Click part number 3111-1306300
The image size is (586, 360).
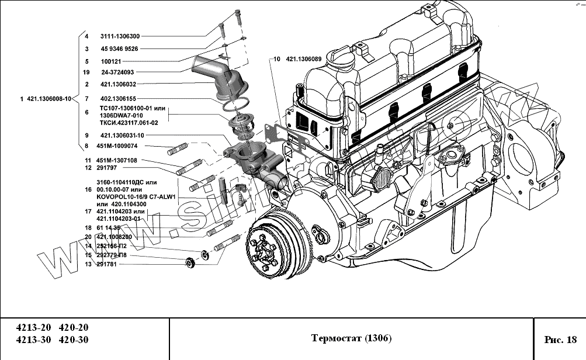point(120,36)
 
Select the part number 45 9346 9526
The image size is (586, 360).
point(119,49)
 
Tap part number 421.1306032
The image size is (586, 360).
point(118,85)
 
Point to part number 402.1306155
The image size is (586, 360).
point(118,98)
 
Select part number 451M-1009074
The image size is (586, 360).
point(122,146)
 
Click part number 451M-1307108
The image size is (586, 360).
point(119,160)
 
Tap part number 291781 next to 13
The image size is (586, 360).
point(108,264)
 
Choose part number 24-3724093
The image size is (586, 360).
point(117,72)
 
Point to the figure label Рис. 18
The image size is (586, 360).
point(560,339)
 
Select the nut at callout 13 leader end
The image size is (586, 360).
point(189,262)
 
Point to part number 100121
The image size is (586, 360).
point(110,61)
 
